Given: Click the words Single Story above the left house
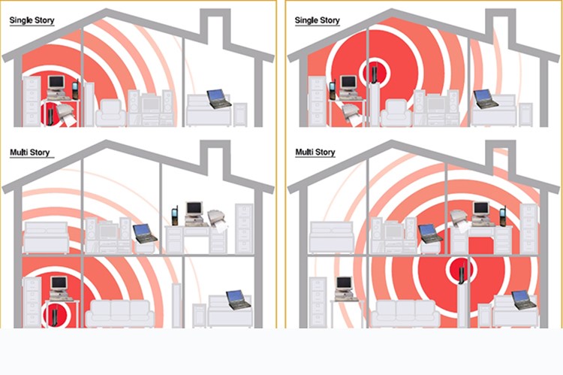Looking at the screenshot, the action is click(32, 20).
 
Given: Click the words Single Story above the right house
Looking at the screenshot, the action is click(317, 20).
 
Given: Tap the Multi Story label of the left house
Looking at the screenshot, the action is click(30, 153).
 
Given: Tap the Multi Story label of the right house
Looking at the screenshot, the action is click(315, 152).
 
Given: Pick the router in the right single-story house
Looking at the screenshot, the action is click(374, 74).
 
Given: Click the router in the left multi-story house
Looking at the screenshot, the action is click(55, 316).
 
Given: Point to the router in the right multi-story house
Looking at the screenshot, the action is click(462, 274).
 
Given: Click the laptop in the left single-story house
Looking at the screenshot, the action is click(218, 98).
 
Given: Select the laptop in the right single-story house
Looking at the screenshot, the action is click(486, 99).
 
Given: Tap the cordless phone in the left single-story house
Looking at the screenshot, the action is click(75, 89).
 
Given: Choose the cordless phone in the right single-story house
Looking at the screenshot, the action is click(333, 90).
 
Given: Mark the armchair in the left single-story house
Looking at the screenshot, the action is click(110, 113).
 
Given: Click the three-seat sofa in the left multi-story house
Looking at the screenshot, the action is click(120, 313).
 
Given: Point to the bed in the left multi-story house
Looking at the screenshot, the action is click(46, 237).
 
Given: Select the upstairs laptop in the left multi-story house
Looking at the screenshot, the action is click(145, 233).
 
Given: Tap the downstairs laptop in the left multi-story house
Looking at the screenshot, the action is click(239, 300).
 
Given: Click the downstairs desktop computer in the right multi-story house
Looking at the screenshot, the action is click(345, 288).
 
